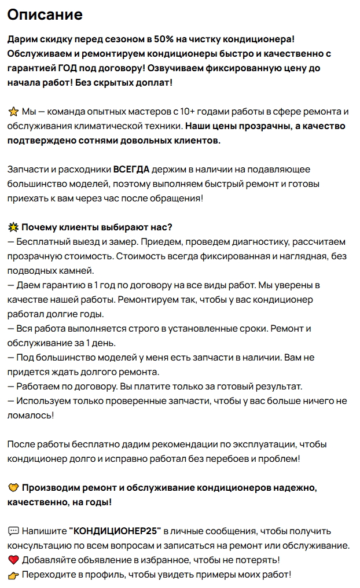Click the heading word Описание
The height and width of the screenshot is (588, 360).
coord(45,14)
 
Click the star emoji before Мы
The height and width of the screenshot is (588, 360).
coord(13,112)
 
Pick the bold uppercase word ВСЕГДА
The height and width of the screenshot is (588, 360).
coord(131,170)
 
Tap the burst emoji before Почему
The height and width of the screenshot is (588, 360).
coord(13,227)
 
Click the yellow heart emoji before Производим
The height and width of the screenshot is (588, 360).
coord(13,488)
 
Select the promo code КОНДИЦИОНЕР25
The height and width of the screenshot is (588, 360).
coord(115,531)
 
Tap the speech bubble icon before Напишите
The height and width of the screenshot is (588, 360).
coord(13,531)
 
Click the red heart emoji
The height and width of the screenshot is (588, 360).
coord(13,560)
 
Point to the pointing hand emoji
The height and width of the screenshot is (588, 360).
coord(13,575)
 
